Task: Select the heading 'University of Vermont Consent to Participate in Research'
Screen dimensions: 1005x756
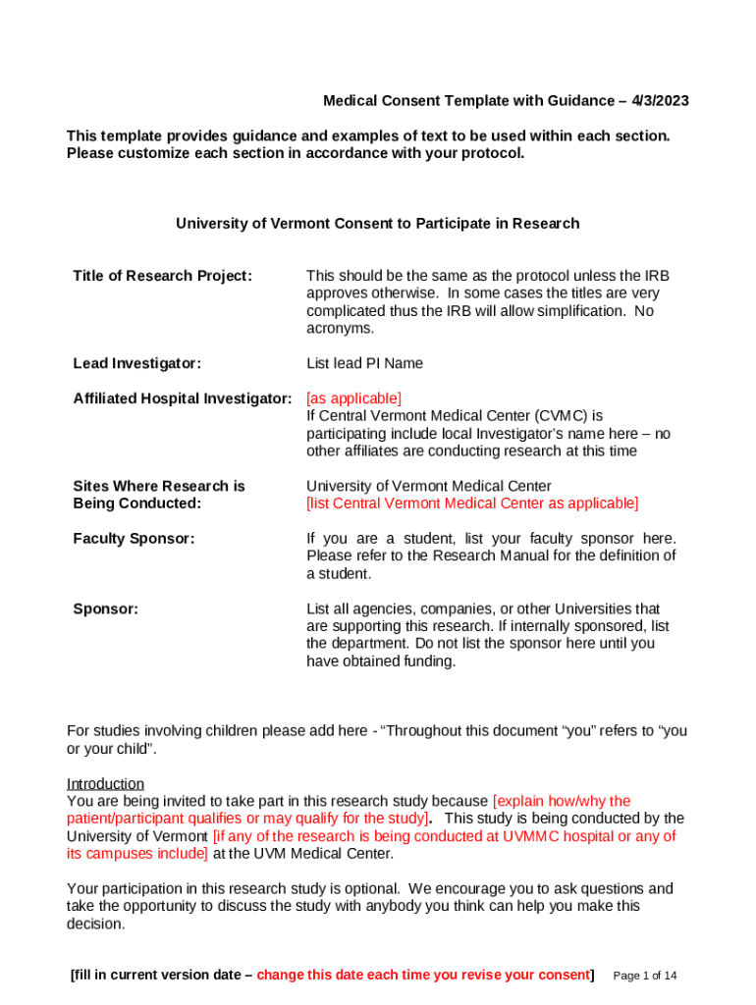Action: click(x=378, y=224)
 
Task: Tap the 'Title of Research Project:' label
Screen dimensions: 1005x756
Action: click(x=162, y=276)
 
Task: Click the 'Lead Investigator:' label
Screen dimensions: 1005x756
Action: click(x=137, y=363)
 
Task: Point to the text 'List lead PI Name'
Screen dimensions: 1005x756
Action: click(x=364, y=363)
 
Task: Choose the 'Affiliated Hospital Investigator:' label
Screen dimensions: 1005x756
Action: click(x=183, y=398)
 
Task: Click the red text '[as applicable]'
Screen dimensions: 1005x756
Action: click(x=353, y=398)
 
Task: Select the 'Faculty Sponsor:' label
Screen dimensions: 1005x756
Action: click(x=134, y=539)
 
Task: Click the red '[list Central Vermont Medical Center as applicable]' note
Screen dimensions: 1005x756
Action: click(x=472, y=503)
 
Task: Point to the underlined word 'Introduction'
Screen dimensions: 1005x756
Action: click(x=105, y=783)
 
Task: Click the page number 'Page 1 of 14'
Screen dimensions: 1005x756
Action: click(x=644, y=976)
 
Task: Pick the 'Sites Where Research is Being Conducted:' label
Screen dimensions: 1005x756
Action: click(x=158, y=495)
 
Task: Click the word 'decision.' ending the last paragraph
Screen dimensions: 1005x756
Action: click(x=96, y=925)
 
